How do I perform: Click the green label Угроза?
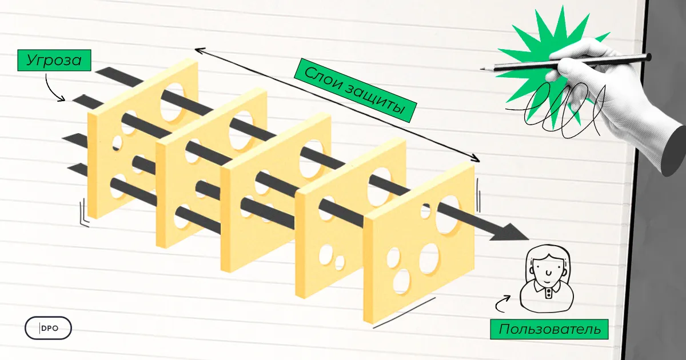coord(53,60)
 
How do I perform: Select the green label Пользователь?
coord(549,329)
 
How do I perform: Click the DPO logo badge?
coord(49,329)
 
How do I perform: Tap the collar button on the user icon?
coord(548,291)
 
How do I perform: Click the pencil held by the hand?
coord(572,62)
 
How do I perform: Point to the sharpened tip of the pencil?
coord(483,69)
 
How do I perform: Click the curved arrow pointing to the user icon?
coord(503,303)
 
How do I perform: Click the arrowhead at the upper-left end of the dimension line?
coord(198,50)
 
